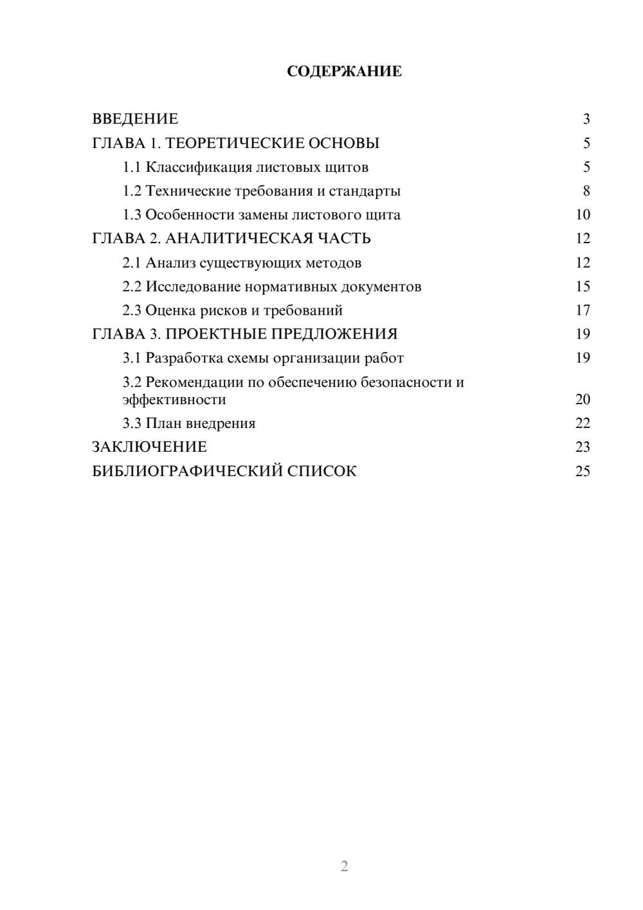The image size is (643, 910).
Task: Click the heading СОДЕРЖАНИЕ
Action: point(344,71)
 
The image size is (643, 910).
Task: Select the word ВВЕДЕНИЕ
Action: point(135,119)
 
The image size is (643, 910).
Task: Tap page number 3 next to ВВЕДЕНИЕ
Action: point(586,119)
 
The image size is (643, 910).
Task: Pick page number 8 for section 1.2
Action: point(586,191)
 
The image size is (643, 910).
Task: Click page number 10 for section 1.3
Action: point(583,215)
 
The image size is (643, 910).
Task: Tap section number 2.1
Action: point(132,263)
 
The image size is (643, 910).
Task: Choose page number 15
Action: point(583,286)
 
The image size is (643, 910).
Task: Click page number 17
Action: point(583,310)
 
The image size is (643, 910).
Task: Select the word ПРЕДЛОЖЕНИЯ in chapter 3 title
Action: point(334,334)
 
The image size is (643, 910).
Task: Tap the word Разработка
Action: point(183,358)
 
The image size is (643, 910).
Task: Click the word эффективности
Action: point(174,400)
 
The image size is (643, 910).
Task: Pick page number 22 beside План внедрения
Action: point(583,423)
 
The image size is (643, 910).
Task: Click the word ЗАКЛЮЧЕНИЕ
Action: point(149,447)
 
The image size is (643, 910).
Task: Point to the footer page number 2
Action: point(344,866)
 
